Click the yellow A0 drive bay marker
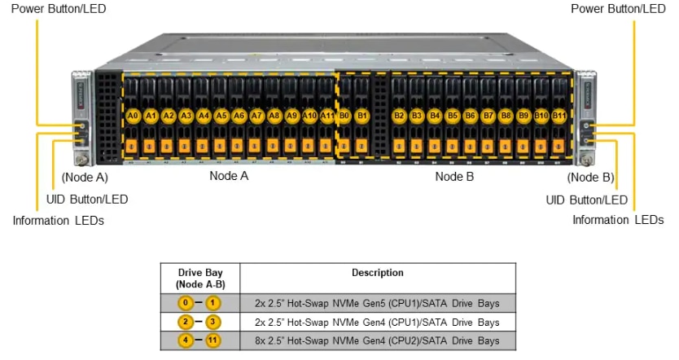133,116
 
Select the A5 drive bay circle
221,116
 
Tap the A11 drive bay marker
327,116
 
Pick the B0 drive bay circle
344,116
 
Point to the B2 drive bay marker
399,116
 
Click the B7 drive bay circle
488,116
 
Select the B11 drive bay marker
559,116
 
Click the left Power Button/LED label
53,9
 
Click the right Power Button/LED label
618,9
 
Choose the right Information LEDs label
618,220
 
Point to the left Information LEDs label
59,220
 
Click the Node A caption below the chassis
229,176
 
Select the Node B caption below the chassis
454,176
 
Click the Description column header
377,273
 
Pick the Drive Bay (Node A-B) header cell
200,278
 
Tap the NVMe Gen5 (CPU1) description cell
377,303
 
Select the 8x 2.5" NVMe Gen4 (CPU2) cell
377,340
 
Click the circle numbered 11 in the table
214,340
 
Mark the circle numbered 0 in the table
186,303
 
